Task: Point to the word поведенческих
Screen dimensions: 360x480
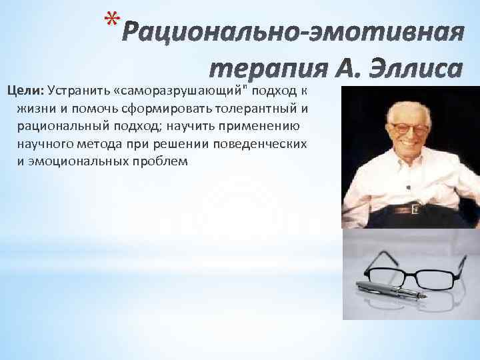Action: pos(265,143)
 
